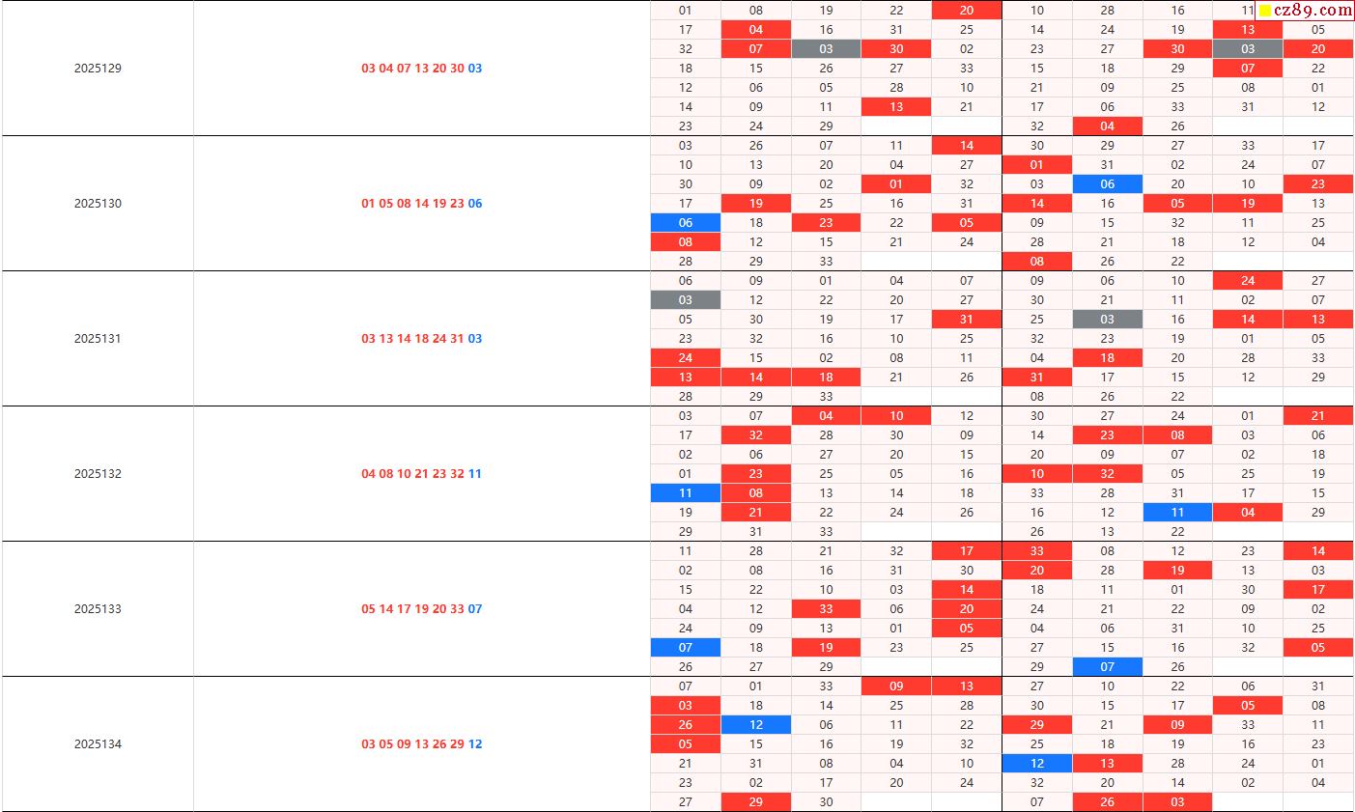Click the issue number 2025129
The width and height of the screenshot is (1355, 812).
[98, 69]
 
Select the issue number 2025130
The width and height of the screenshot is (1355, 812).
[98, 204]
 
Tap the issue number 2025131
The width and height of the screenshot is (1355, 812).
[98, 339]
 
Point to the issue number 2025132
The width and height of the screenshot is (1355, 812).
[98, 474]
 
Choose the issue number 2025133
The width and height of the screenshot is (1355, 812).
[98, 609]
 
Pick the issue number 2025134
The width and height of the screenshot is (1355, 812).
[98, 744]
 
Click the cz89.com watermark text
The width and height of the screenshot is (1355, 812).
[1313, 11]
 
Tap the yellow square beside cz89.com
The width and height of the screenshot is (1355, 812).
[1265, 11]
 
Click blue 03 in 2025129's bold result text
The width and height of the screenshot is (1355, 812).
[475, 69]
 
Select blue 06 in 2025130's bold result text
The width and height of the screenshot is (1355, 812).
[475, 204]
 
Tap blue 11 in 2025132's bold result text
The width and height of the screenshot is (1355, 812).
[475, 474]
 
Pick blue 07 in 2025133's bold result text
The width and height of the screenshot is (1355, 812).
[475, 609]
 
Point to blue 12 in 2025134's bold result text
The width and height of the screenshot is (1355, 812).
[475, 744]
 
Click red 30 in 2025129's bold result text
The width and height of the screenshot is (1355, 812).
[457, 69]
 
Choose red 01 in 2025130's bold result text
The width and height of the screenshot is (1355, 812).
[368, 204]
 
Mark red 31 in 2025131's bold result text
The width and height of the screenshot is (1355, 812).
[457, 339]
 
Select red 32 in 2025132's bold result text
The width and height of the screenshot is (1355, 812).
[457, 474]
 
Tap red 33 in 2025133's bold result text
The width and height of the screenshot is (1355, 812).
[457, 609]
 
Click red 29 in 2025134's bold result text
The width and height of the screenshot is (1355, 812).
[457, 744]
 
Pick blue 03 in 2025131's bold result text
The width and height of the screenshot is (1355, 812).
[475, 339]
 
